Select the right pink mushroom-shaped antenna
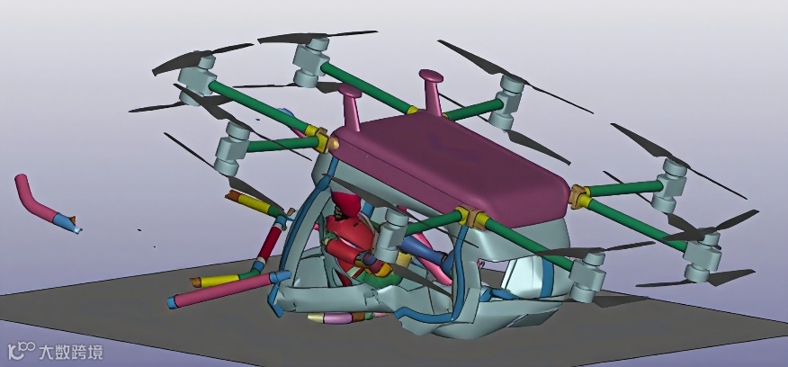pyautogui.click(x=432, y=91)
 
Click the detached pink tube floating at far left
pyautogui.click(x=45, y=203)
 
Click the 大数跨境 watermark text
pyautogui.click(x=71, y=352)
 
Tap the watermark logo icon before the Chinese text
pyautogui.click(x=21, y=351)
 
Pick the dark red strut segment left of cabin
pyautogui.click(x=270, y=244)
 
